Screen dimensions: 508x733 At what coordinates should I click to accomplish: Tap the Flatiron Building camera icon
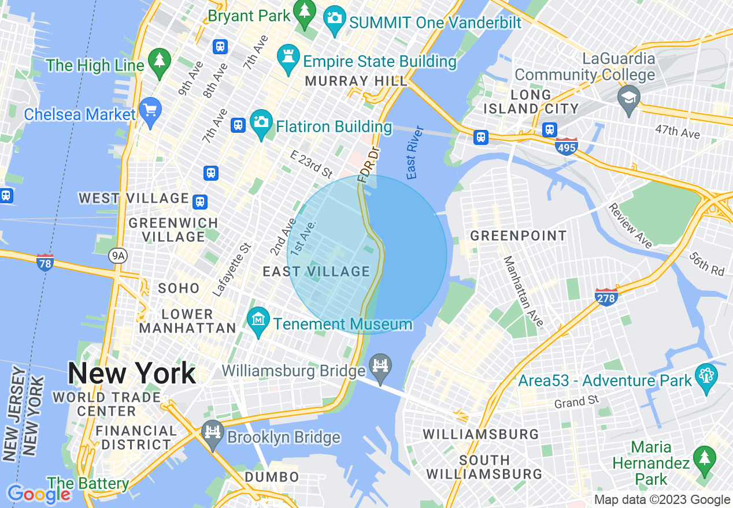point(261,124)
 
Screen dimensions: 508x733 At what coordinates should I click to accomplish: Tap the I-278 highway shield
point(606,297)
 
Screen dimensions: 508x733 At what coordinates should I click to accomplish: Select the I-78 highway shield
point(45,262)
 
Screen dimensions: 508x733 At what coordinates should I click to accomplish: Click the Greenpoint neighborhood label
point(518,236)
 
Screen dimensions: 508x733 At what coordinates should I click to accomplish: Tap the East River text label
point(412,152)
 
